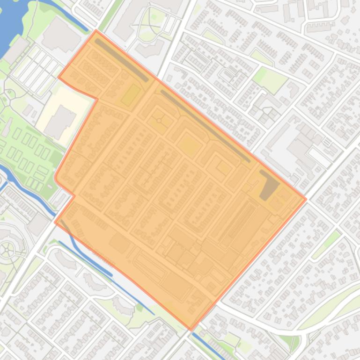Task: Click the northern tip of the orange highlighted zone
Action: pos(96,31)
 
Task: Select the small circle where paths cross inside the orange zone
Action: pos(159,121)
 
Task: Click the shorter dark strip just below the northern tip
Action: pos(122,60)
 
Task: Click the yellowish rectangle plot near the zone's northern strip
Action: pos(131,95)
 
